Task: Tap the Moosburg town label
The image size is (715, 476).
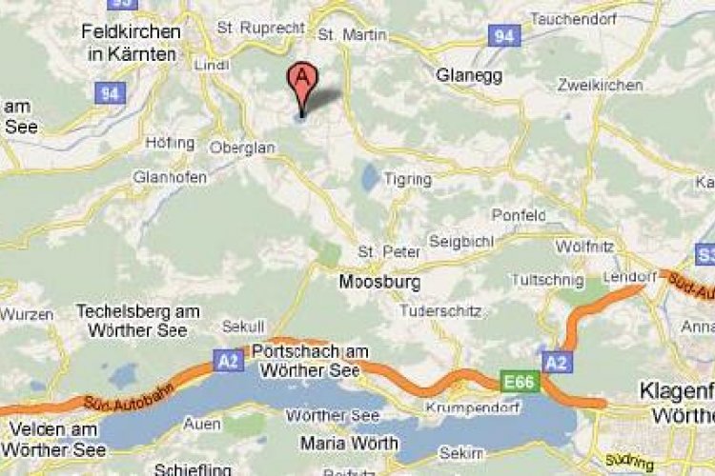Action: click(379, 283)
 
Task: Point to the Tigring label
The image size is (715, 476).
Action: click(407, 179)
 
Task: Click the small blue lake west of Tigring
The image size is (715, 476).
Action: click(369, 175)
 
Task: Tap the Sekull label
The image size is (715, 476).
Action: click(242, 327)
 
